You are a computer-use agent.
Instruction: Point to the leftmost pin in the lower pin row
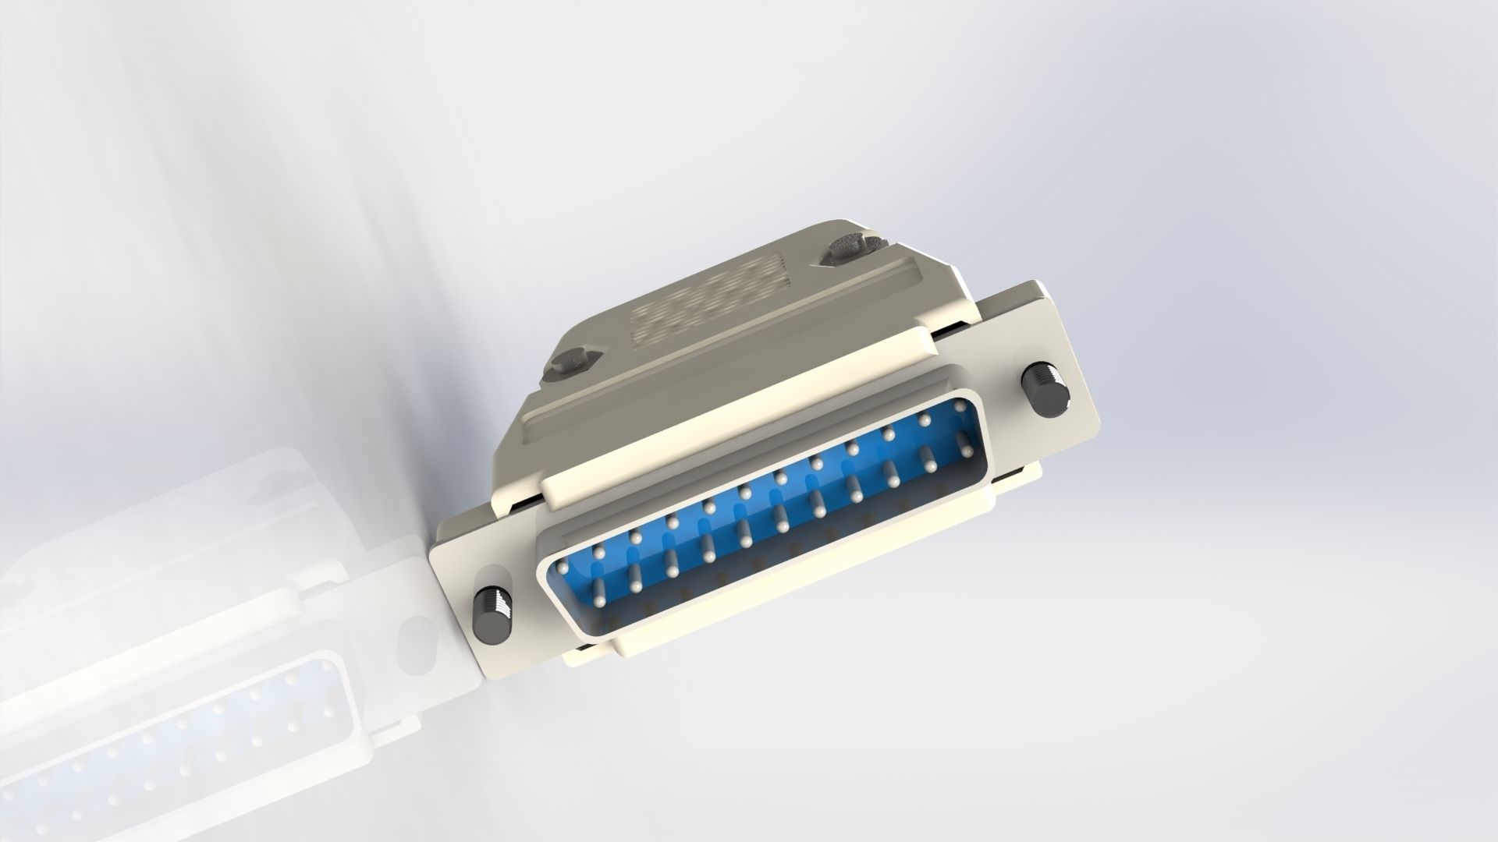[x=599, y=601]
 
